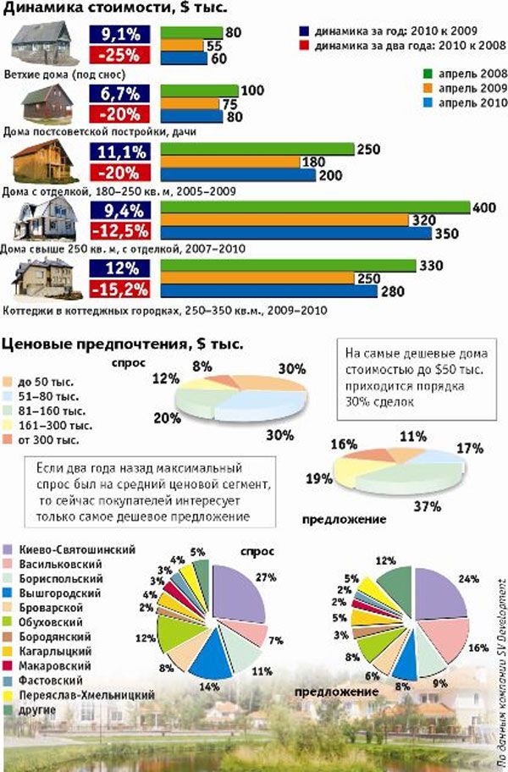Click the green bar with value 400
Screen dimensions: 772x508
coord(314,207)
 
